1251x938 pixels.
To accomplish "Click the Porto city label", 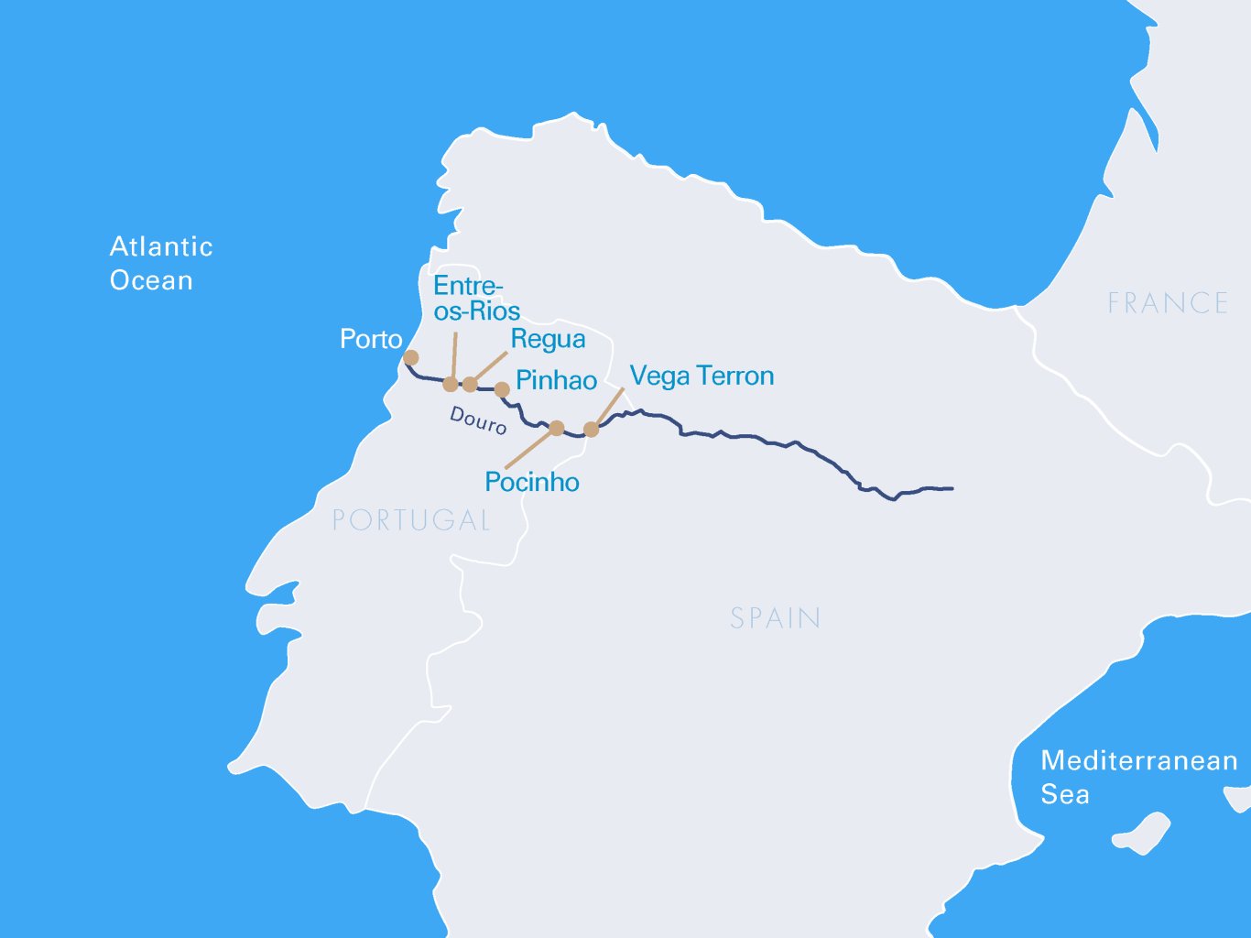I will pyautogui.click(x=371, y=340).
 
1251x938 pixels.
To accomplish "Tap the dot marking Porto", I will pyautogui.click(x=411, y=357).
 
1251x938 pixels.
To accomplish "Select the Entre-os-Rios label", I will pyautogui.click(x=476, y=298).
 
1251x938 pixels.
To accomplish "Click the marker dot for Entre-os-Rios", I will pyautogui.click(x=451, y=384).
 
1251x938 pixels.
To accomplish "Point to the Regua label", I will pyautogui.click(x=548, y=340).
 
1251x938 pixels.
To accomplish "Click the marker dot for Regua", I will pyautogui.click(x=470, y=384).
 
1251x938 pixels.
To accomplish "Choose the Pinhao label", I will pyautogui.click(x=556, y=381).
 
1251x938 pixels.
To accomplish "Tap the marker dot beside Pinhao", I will pyautogui.click(x=502, y=389).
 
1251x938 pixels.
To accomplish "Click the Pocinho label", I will pyautogui.click(x=532, y=482).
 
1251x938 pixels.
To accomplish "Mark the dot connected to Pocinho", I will pyautogui.click(x=556, y=428).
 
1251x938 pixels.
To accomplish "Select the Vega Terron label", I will pyautogui.click(x=702, y=376).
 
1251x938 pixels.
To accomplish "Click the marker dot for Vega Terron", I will pyautogui.click(x=592, y=429).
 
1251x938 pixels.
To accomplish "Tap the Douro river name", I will pyautogui.click(x=477, y=420).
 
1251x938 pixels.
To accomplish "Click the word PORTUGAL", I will pyautogui.click(x=411, y=520).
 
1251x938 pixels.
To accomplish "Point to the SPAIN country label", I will pyautogui.click(x=775, y=618).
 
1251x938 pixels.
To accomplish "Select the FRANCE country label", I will pyautogui.click(x=1168, y=303).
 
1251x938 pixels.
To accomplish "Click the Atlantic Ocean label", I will pyautogui.click(x=161, y=263).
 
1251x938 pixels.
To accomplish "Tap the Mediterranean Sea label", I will pyautogui.click(x=1138, y=777).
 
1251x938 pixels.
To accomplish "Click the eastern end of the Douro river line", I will pyautogui.click(x=951, y=488).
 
